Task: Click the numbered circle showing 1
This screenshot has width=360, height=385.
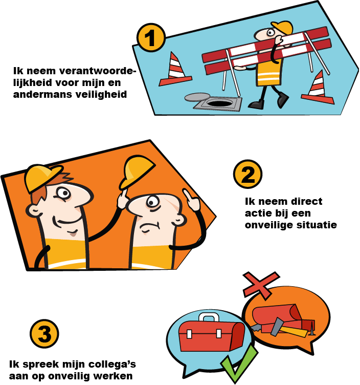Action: tap(151, 37)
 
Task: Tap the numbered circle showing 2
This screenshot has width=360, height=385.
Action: tap(247, 174)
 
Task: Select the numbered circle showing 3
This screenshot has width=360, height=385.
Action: tap(44, 334)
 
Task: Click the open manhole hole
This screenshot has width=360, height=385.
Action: tap(219, 102)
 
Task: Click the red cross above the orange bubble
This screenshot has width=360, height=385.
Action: tap(261, 285)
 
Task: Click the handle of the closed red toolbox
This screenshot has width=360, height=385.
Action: tap(209, 317)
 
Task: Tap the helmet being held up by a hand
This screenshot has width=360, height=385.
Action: tap(137, 171)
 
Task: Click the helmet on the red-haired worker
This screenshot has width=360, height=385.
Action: tap(42, 178)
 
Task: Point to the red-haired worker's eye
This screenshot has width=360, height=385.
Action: tap(64, 193)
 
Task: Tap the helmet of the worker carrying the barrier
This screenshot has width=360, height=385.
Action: tap(283, 27)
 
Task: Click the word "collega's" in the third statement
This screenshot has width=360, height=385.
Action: tap(112, 365)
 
